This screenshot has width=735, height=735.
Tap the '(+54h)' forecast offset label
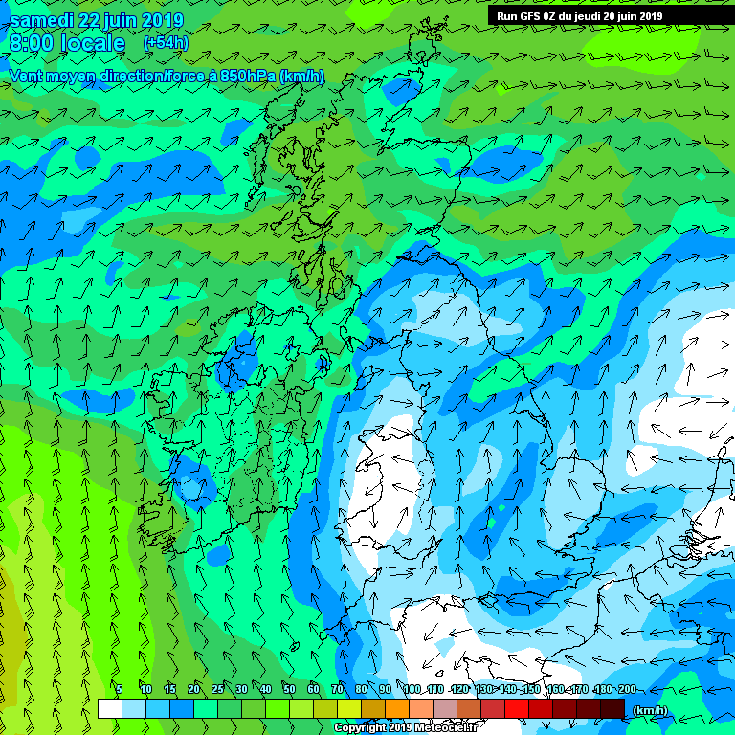166,43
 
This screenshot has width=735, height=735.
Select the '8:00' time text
32,43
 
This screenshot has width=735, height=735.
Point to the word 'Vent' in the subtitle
27,77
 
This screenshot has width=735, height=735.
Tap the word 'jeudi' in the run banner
588,16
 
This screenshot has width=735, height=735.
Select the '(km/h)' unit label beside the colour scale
650,710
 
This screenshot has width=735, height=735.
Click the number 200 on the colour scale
626,689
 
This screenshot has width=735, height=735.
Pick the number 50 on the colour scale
289,689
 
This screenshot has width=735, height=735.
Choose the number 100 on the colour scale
412,689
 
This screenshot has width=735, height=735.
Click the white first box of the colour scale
109,708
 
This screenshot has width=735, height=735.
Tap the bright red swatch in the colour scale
516,708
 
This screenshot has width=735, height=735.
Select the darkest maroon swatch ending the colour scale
612,708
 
